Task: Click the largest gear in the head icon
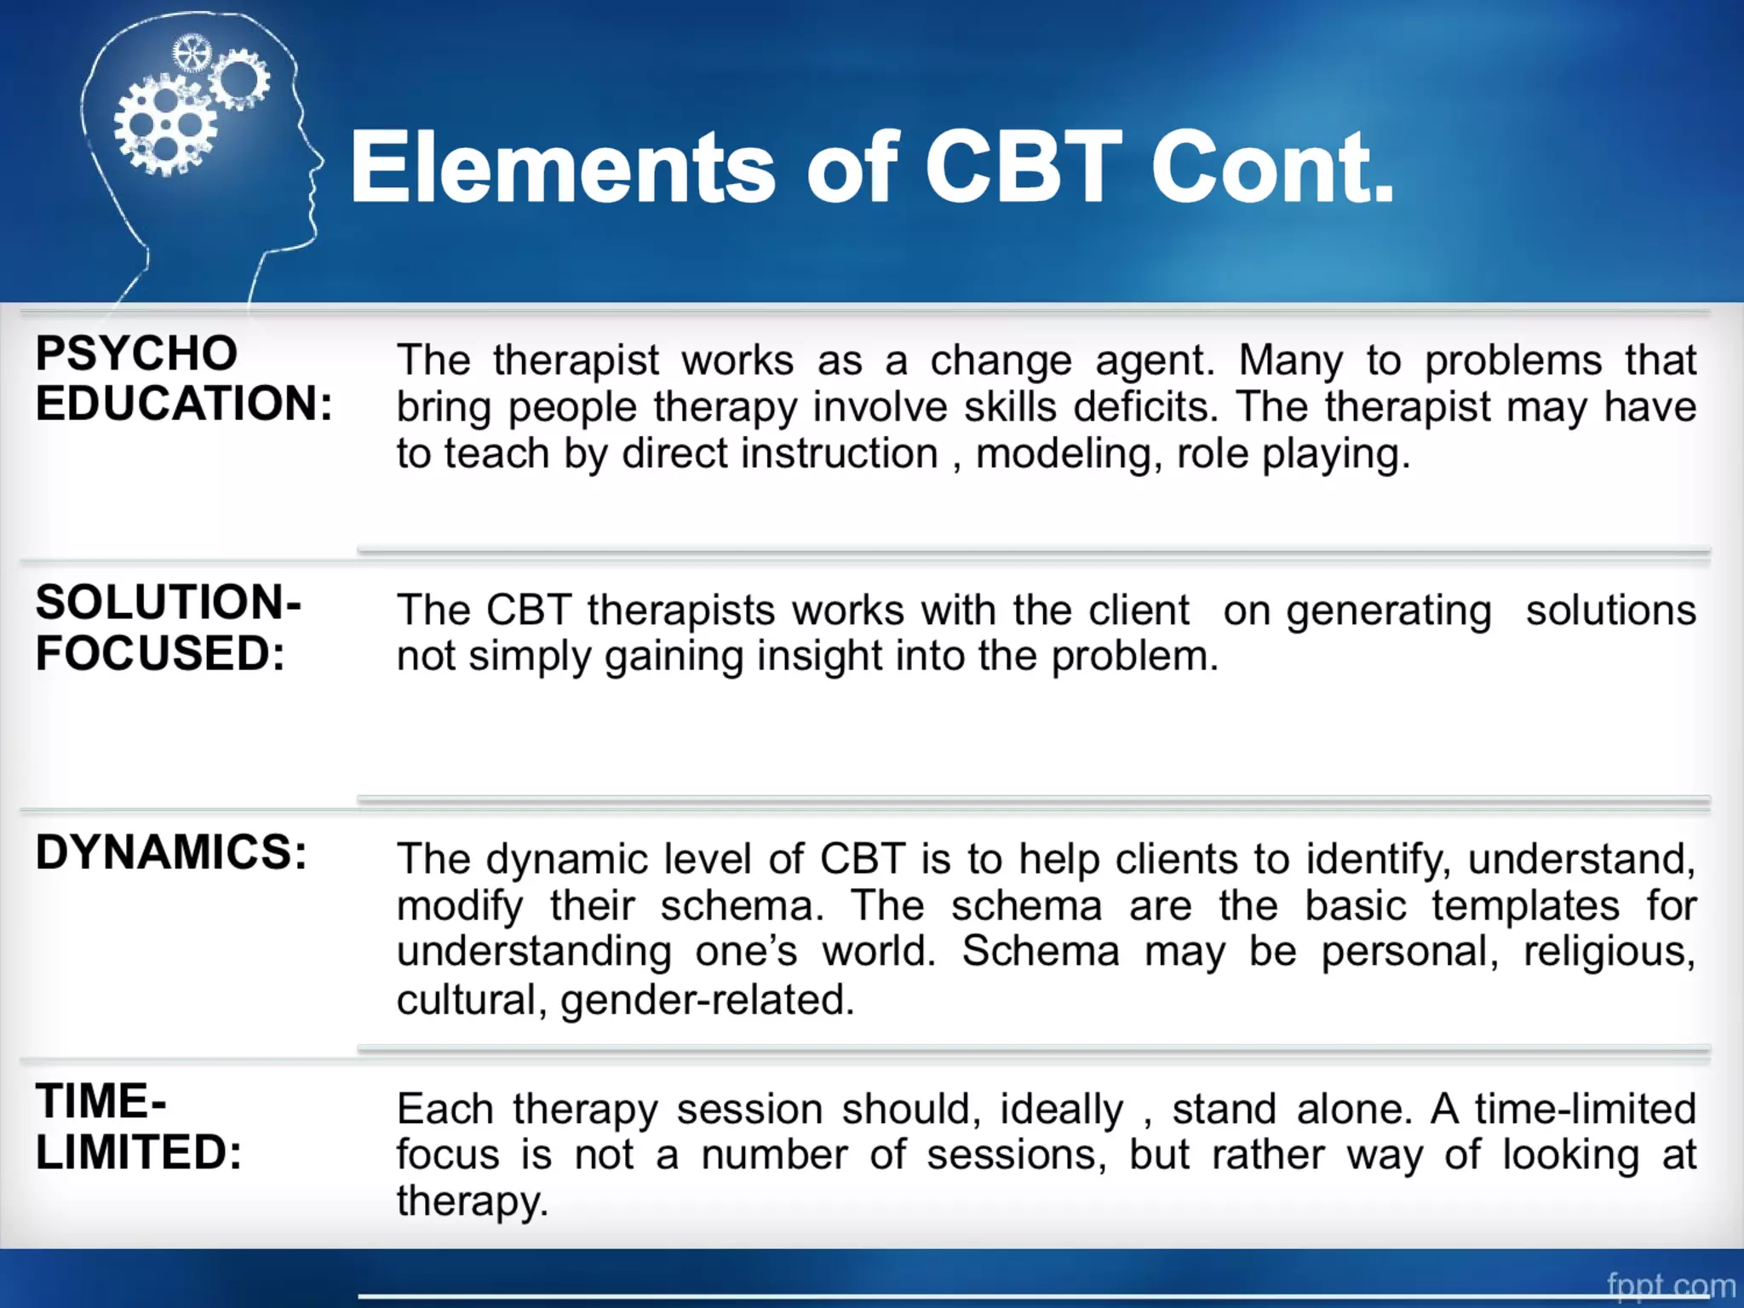165,126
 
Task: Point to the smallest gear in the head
191,54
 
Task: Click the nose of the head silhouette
318,158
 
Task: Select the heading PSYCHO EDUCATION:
183,378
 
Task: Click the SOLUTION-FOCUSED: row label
168,628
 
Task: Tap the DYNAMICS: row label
171,852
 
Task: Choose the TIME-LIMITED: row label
139,1127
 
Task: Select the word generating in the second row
1389,611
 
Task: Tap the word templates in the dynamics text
1525,905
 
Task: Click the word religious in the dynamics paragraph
1609,952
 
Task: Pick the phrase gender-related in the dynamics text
707,1000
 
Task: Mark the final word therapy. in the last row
473,1202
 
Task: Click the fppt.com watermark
1670,1285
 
